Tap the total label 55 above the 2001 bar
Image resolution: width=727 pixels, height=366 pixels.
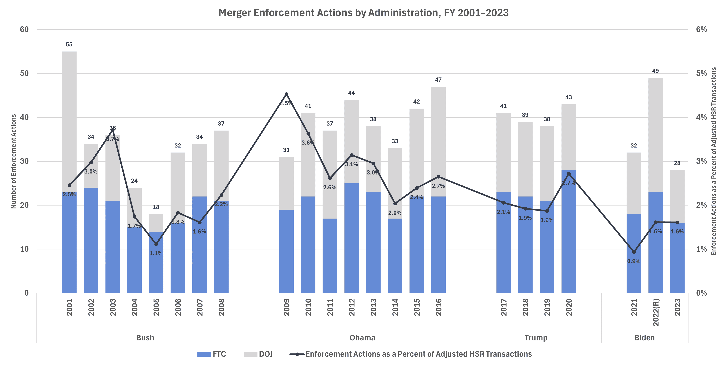69,45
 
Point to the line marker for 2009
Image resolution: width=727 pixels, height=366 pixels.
286,94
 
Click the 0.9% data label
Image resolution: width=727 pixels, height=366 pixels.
634,261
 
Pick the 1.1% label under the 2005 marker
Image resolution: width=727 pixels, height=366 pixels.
156,253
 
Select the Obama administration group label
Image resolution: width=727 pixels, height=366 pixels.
362,338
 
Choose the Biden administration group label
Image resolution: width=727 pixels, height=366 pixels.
645,338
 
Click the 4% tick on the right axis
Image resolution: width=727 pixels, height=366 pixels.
701,117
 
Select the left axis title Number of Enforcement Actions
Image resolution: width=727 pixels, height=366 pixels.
14,161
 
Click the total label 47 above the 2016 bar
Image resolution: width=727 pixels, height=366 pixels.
438,80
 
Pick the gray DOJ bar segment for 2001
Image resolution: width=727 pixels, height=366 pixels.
69,121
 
